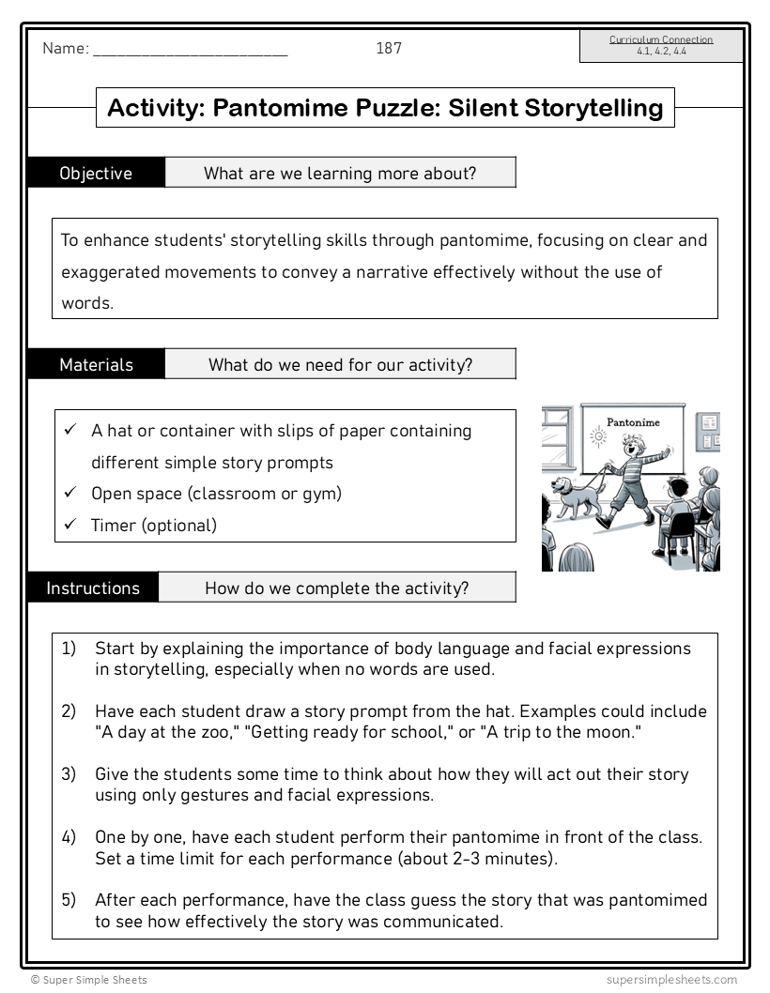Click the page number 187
pos(389,48)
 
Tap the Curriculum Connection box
pos(661,45)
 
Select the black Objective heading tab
pos(96,173)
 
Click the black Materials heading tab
pos(96,364)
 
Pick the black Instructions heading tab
pos(93,588)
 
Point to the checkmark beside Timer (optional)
pos(69,524)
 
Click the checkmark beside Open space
pos(69,492)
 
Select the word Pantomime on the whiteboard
pos(633,422)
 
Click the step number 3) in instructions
pos(69,774)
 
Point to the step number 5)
pos(69,900)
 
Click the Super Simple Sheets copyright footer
pos(89,980)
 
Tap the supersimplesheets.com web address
pos(671,980)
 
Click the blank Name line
pos(190,50)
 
